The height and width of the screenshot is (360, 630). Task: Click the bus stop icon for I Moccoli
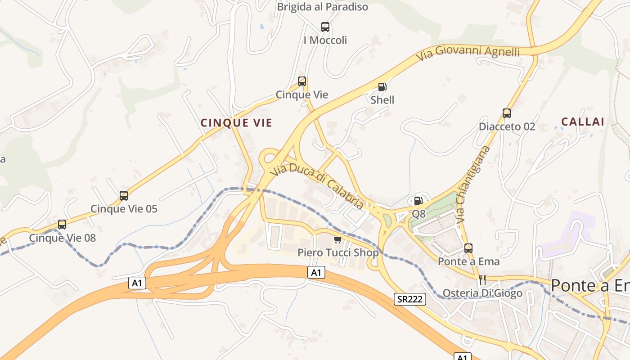325,27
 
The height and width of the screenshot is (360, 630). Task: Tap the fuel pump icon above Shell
382,86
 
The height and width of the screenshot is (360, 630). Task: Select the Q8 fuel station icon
418,201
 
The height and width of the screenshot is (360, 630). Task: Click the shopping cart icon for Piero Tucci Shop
338,239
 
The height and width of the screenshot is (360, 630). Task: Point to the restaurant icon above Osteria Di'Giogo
482,279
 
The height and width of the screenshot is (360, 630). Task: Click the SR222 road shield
410,299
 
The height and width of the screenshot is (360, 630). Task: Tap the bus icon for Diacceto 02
507,113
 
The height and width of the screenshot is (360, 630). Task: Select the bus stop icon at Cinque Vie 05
124,196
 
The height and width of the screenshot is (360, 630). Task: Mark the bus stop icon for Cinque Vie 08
62,225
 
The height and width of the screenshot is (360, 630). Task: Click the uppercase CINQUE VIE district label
236,123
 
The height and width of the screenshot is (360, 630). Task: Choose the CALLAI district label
583,121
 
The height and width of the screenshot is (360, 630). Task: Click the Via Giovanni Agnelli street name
468,53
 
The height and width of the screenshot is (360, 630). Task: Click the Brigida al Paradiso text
322,7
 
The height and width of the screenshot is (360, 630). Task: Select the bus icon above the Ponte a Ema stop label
468,248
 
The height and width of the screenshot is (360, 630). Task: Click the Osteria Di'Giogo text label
482,293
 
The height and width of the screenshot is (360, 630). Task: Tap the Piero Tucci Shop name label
338,252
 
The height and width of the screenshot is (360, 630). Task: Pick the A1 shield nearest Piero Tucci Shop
317,272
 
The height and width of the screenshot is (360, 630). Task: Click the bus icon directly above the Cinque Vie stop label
302,81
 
